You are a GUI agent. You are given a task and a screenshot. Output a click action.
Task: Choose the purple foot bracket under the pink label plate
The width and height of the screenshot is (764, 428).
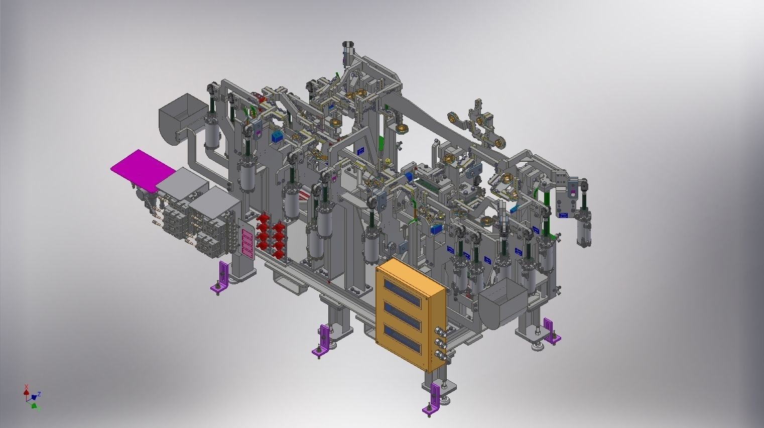click(x=220, y=278)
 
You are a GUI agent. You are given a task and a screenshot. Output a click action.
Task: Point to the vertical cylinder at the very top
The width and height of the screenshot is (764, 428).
click(x=348, y=53)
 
